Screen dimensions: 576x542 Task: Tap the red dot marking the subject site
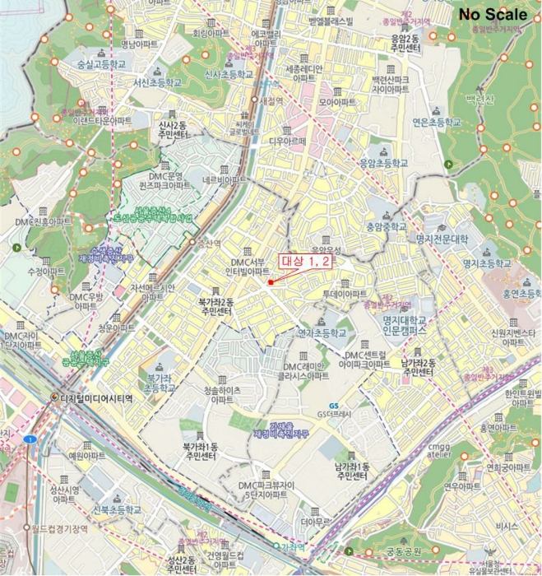[x=270, y=282]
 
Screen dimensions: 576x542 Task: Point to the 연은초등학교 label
[x=447, y=122]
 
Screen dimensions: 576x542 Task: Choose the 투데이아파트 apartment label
[x=345, y=293]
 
